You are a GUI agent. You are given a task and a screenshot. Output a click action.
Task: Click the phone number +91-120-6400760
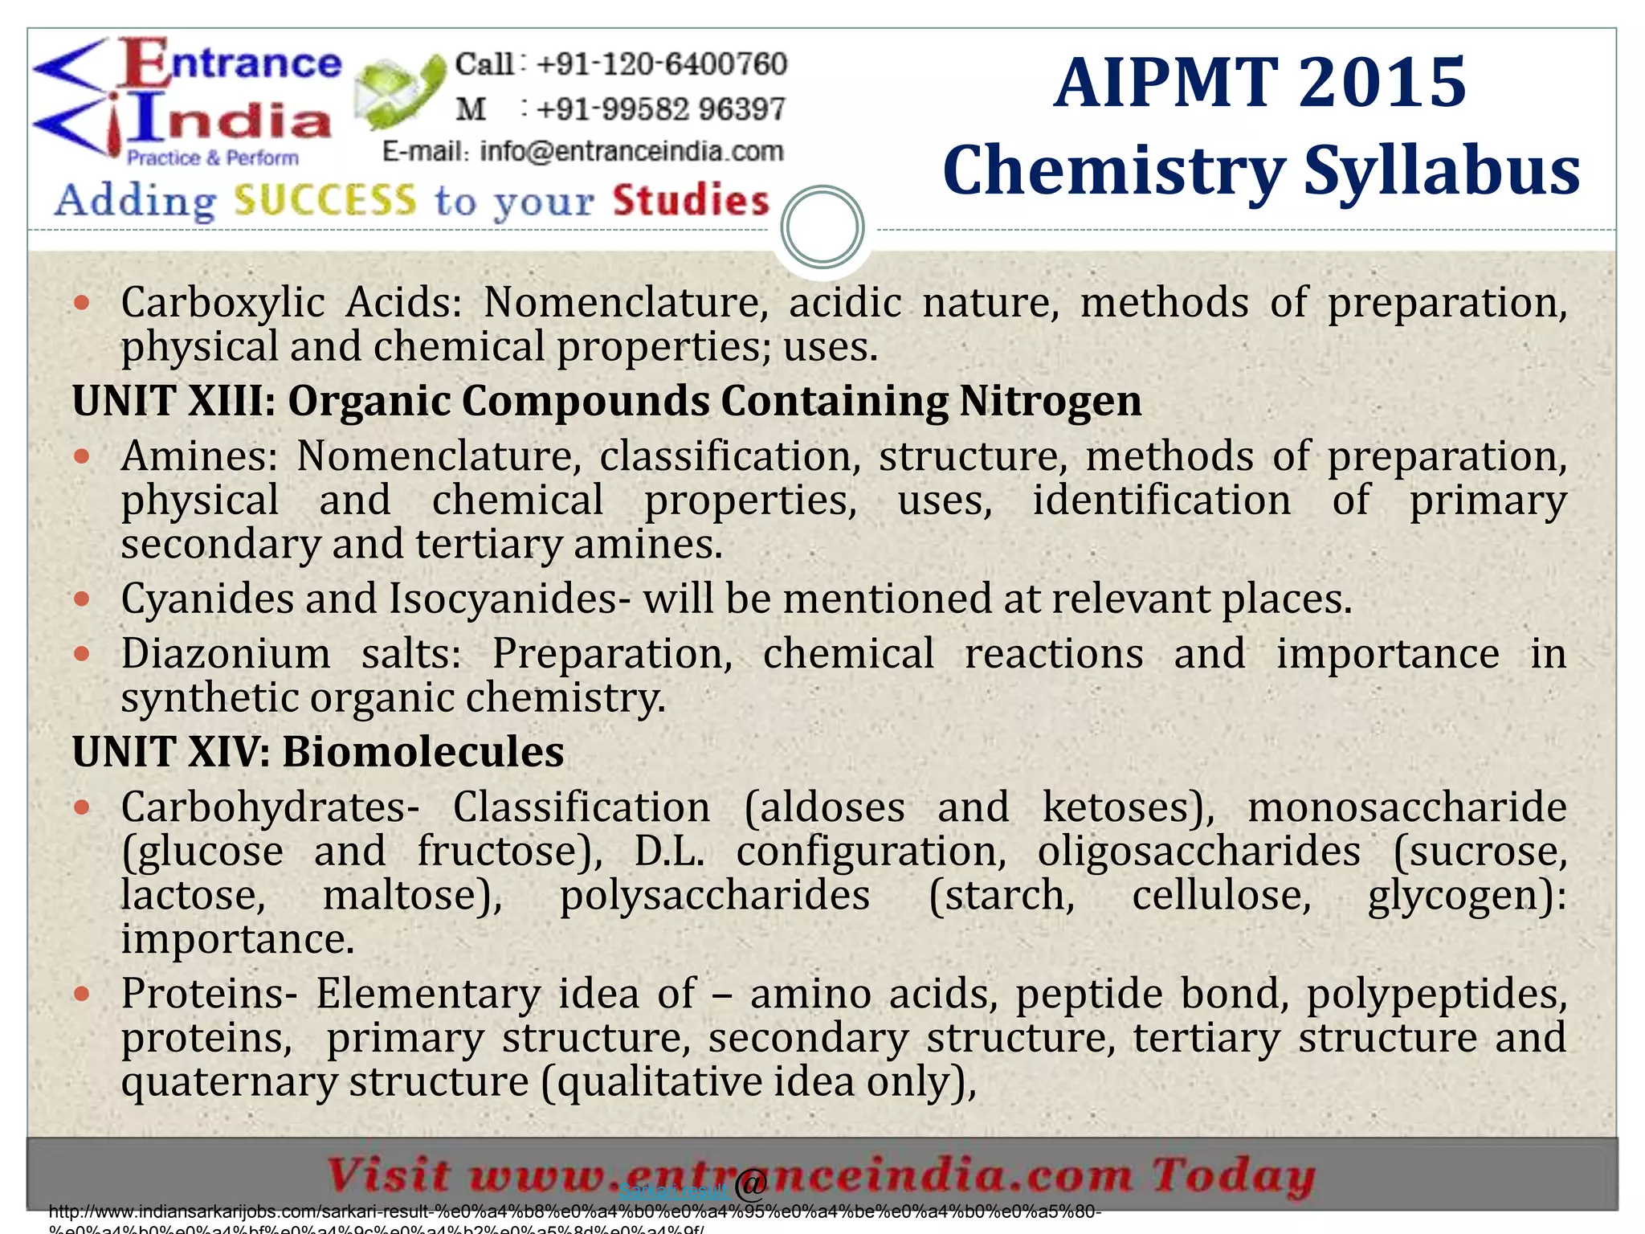(660, 64)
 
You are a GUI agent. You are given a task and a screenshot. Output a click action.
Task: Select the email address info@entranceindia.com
(631, 151)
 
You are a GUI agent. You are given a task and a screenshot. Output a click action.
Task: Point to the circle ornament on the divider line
(822, 227)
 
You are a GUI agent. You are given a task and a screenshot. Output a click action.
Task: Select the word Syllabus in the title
(1441, 170)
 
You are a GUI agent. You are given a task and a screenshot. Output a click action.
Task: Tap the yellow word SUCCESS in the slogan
(325, 201)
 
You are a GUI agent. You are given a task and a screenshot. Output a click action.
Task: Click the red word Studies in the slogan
(691, 201)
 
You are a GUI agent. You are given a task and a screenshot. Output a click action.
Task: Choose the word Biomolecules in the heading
(422, 752)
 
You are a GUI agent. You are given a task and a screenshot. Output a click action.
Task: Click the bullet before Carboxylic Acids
(81, 304)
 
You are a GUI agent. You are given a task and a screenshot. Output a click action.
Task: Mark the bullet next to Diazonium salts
(81, 654)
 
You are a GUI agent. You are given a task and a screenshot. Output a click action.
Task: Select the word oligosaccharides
(1198, 852)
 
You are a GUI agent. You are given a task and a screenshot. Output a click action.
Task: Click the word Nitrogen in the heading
(1050, 400)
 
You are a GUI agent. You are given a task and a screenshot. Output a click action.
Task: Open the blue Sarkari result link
(673, 1190)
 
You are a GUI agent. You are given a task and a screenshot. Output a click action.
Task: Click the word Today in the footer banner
(1234, 1176)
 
